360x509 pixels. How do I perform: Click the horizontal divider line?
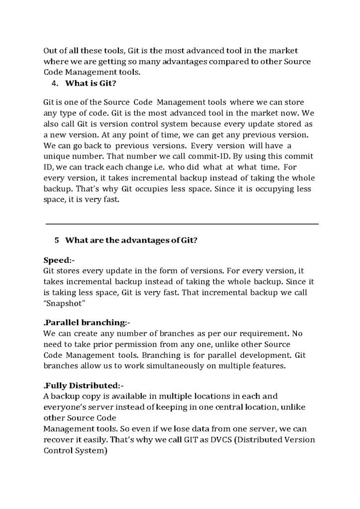[x=182, y=224]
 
